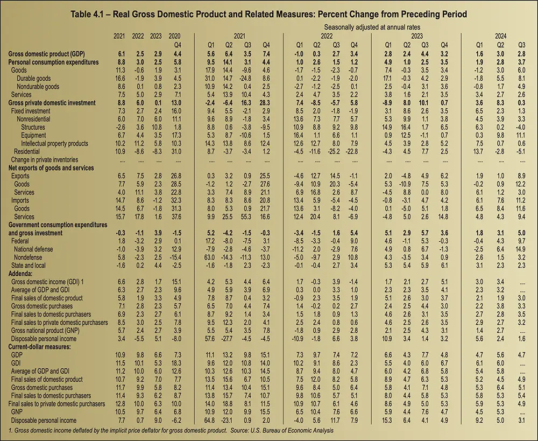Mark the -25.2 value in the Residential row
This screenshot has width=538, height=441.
[x=335, y=152]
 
